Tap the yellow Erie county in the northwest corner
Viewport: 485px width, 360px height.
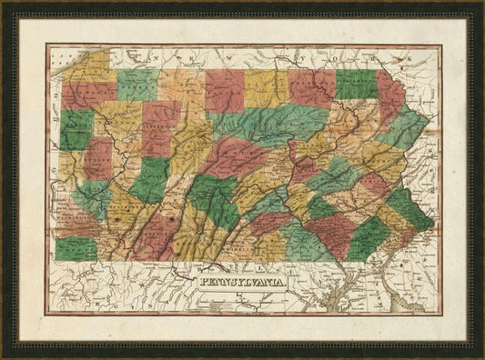87,67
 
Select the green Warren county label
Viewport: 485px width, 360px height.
136,85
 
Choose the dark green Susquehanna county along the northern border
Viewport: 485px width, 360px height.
356,84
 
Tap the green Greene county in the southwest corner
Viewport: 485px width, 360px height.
76,247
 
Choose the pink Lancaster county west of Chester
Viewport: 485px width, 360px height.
332,231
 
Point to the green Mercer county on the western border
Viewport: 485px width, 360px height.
76,127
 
